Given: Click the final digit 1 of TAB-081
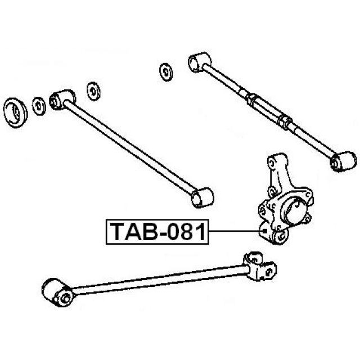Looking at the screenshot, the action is (201, 232).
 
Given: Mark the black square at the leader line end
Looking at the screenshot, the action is (265, 231).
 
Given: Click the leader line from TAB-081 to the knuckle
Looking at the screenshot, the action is (236, 231).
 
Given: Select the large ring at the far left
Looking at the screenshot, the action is (16, 112).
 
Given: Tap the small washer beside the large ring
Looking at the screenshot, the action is (39, 106).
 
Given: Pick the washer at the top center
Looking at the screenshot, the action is (166, 72).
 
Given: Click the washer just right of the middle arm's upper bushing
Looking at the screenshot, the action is (93, 91).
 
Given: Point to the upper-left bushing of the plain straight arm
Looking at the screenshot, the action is (62, 100).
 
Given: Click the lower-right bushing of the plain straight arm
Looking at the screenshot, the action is (202, 197).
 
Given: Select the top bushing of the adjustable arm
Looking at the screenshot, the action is (200, 62).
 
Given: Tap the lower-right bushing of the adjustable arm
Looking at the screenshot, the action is (344, 161).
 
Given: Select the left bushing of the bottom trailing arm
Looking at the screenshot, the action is (57, 292).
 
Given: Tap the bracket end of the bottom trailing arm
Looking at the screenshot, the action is (260, 266).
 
